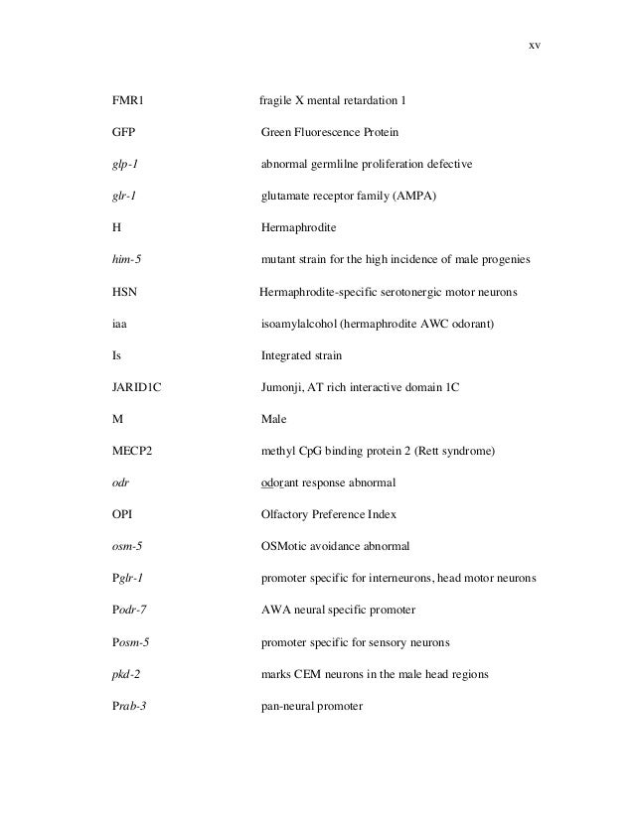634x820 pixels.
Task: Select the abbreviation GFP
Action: tap(123, 132)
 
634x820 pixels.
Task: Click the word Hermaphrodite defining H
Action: tap(298, 228)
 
